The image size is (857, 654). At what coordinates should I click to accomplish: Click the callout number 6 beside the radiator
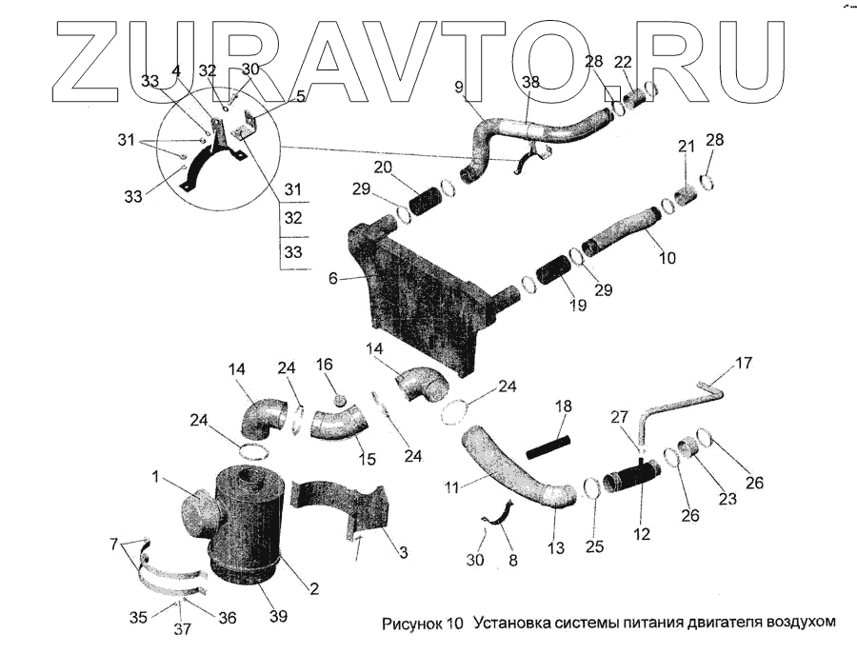click(x=332, y=279)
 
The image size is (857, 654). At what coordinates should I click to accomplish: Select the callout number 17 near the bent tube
click(x=744, y=363)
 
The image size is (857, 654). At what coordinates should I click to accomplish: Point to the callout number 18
click(x=563, y=406)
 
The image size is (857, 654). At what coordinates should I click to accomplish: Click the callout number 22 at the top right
click(x=623, y=62)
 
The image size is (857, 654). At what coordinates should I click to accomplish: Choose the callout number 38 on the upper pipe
click(x=530, y=83)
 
